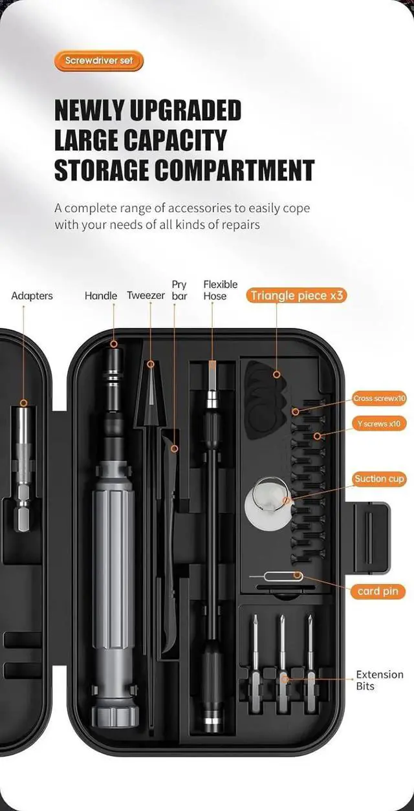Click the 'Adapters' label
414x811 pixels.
32,296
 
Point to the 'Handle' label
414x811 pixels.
101,296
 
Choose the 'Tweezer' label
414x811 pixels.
146,296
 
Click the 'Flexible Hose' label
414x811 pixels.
221,290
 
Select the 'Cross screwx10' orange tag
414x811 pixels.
379,398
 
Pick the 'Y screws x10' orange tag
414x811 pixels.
379,424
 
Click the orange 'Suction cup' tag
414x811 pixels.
379,479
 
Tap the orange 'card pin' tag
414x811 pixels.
378,591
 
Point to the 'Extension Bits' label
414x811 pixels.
379,680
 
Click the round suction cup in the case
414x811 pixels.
266,499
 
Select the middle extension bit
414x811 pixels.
283,653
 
